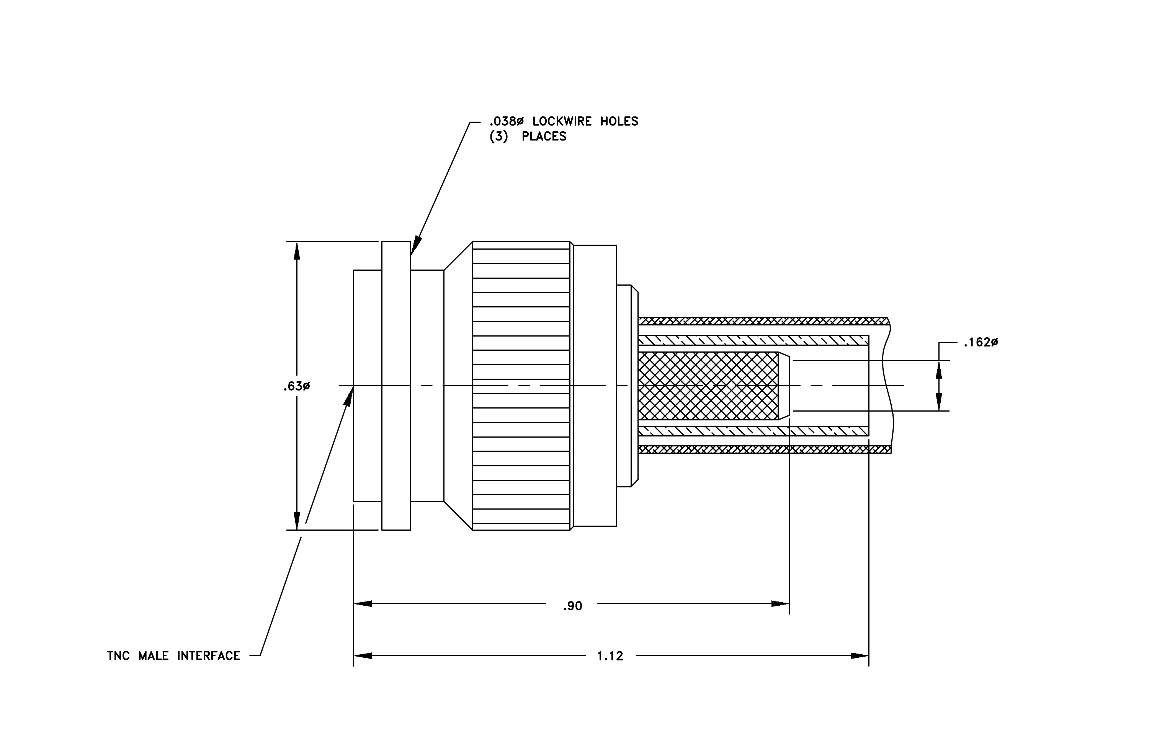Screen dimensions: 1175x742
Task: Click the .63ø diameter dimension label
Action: (296, 386)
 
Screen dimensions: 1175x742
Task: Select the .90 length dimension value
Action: (572, 606)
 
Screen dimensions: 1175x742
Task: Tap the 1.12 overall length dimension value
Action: (610, 656)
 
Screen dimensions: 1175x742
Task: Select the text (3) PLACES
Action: (528, 137)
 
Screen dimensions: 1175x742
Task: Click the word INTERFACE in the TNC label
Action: (209, 656)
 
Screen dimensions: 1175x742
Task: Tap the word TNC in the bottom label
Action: (119, 656)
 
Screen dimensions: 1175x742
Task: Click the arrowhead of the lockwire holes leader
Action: (415, 246)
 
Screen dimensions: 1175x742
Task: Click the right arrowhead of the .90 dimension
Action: (780, 604)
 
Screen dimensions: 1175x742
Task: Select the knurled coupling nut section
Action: (521, 386)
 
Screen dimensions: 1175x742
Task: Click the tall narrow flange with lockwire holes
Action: (396, 386)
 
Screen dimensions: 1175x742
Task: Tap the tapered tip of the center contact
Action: (784, 386)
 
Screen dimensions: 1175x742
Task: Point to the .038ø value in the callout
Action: (507, 121)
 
